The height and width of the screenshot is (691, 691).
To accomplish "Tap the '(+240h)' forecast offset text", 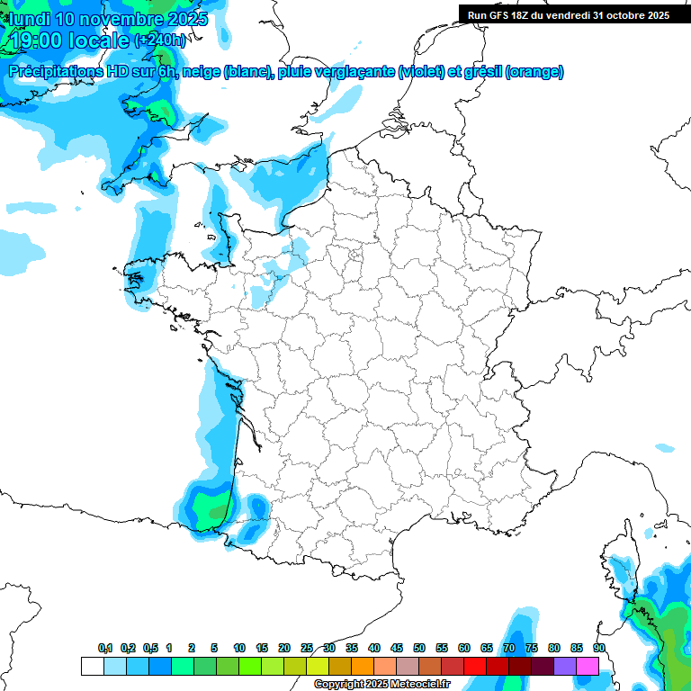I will pyautogui.click(x=161, y=40).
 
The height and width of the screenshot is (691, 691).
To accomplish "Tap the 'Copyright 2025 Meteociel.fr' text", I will pyautogui.click(x=381, y=685).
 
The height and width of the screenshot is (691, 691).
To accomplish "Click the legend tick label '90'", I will pyautogui.click(x=598, y=648).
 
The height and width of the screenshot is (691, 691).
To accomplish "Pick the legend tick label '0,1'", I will pyautogui.click(x=104, y=648).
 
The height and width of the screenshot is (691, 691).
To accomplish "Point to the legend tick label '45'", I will pyautogui.click(x=397, y=648).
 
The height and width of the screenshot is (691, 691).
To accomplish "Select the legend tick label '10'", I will pyautogui.click(x=239, y=648).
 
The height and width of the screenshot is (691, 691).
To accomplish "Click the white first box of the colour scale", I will pyautogui.click(x=92, y=666).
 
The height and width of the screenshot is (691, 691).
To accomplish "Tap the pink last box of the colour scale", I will pyautogui.click(x=588, y=666).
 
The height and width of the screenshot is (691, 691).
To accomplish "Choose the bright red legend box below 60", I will pyautogui.click(x=475, y=666).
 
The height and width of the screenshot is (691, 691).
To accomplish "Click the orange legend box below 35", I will pyautogui.click(x=363, y=666).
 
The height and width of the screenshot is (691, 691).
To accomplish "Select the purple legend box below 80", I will pyautogui.click(x=565, y=666).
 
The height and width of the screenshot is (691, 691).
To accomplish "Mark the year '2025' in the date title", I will pyautogui.click(x=185, y=18).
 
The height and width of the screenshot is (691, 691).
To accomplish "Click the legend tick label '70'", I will pyautogui.click(x=509, y=648).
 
